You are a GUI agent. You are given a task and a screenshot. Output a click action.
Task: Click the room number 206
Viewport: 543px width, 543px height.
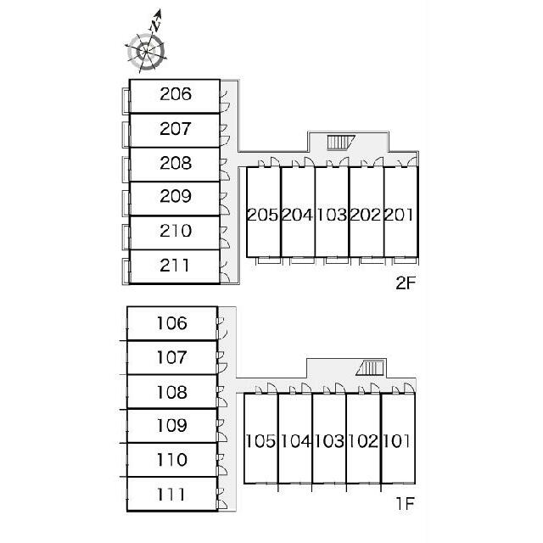[176, 94]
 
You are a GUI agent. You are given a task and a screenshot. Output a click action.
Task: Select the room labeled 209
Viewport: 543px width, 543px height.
[176, 196]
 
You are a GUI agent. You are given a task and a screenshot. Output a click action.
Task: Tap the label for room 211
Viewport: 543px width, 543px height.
[175, 266]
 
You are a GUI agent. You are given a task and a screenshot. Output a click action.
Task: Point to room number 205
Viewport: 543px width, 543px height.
[263, 215]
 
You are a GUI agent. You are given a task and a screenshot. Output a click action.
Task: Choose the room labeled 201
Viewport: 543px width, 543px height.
[400, 215]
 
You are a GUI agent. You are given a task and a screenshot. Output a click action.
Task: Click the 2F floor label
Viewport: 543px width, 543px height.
[406, 283]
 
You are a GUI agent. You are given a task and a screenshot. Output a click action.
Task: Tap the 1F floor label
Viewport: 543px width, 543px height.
[406, 503]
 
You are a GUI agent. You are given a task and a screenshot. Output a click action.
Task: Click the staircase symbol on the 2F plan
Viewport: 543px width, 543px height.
[341, 143]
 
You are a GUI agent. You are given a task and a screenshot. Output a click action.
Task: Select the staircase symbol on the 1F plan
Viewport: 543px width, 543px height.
[371, 367]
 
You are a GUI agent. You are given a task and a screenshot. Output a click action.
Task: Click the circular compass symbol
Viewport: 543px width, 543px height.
[146, 52]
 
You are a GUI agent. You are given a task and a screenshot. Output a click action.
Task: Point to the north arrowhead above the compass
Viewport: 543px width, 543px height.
[159, 14]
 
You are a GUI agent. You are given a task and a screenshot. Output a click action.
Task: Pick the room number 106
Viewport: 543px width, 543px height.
[172, 323]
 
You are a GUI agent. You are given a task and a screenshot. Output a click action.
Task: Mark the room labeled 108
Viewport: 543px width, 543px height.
[172, 392]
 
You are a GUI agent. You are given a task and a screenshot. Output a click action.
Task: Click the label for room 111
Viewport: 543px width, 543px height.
[171, 495]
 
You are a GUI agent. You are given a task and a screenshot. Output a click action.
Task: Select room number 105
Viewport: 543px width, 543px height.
[260, 441]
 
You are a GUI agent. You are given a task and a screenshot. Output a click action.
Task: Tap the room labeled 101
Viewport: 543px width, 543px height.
[397, 441]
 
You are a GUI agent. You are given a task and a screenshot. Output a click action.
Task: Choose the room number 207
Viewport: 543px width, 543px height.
[176, 129]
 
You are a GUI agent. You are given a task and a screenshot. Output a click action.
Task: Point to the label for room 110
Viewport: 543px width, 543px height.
[172, 460]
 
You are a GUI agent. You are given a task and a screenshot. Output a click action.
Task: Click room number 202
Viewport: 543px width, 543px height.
[366, 215]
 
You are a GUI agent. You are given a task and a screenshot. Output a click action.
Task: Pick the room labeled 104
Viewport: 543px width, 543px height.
[295, 441]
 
